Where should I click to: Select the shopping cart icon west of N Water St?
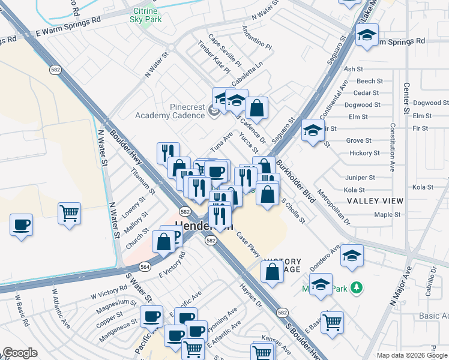pos(69,213)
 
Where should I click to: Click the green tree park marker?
pos(357,288)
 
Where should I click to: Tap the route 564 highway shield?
pos(144,266)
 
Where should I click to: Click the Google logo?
pos(20,353)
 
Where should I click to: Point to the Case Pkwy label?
pos(247,245)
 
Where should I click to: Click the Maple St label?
pos(387,214)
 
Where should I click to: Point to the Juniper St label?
pos(360,178)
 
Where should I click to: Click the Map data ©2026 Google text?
pos(411,355)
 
